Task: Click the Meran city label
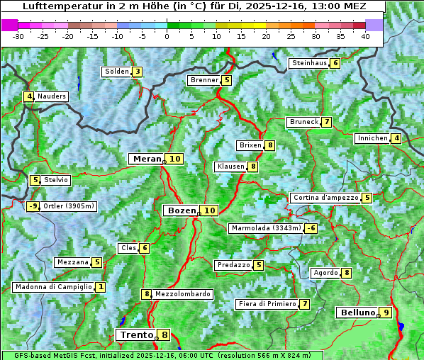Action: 147,159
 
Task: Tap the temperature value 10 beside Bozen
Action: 209,210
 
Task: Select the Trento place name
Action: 136,335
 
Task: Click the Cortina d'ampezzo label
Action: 325,198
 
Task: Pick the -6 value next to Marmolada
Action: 311,228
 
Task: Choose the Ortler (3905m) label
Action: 68,206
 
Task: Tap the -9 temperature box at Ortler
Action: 33,206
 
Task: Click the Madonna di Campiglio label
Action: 53,287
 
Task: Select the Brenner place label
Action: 204,80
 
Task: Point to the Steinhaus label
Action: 309,63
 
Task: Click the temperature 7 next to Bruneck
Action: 326,122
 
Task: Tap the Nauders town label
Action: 52,96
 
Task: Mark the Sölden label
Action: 117,72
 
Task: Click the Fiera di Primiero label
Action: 267,304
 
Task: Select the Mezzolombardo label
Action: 182,294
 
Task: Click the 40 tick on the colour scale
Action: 365,36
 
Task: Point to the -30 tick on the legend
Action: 18,36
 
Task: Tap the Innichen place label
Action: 372,138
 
